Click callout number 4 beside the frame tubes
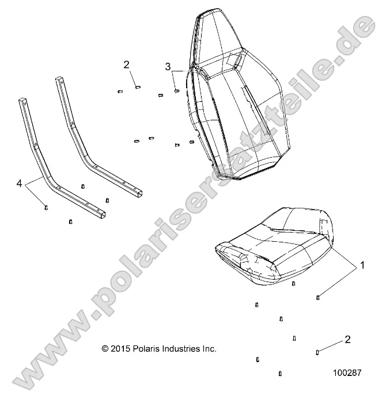point(20,184)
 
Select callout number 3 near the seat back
point(168,66)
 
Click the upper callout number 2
point(127,64)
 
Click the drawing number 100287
point(347,372)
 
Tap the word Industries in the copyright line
point(186,349)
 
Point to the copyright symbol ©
point(105,349)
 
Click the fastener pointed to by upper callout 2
point(138,87)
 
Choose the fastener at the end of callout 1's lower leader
point(318,297)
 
